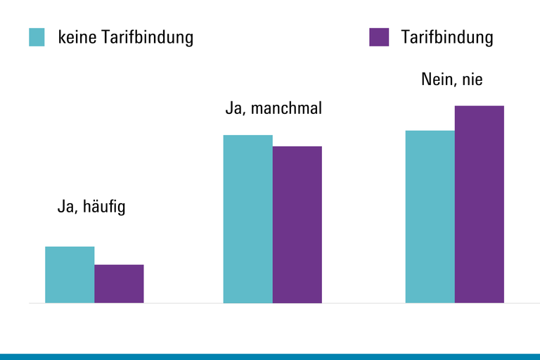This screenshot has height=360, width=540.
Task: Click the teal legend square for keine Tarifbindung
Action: (x=37, y=37)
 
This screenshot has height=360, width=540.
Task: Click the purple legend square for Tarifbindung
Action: (x=379, y=37)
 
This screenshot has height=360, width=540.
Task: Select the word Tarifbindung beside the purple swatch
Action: (x=447, y=37)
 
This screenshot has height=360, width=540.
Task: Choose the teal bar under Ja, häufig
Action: (x=70, y=275)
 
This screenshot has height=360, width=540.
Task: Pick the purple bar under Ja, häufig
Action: (x=119, y=284)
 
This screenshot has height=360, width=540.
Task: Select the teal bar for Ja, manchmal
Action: (x=248, y=219)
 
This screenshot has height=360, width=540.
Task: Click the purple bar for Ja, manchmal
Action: (x=297, y=224)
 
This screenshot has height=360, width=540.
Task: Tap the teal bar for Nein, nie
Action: (x=430, y=217)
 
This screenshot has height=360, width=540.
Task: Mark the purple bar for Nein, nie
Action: (x=480, y=204)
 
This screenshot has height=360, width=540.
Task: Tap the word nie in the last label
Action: (x=472, y=79)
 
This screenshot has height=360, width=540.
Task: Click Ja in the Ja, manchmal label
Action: (x=233, y=110)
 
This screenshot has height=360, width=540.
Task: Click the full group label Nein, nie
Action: (x=452, y=79)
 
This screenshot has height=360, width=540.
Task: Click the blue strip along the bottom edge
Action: (x=270, y=356)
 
